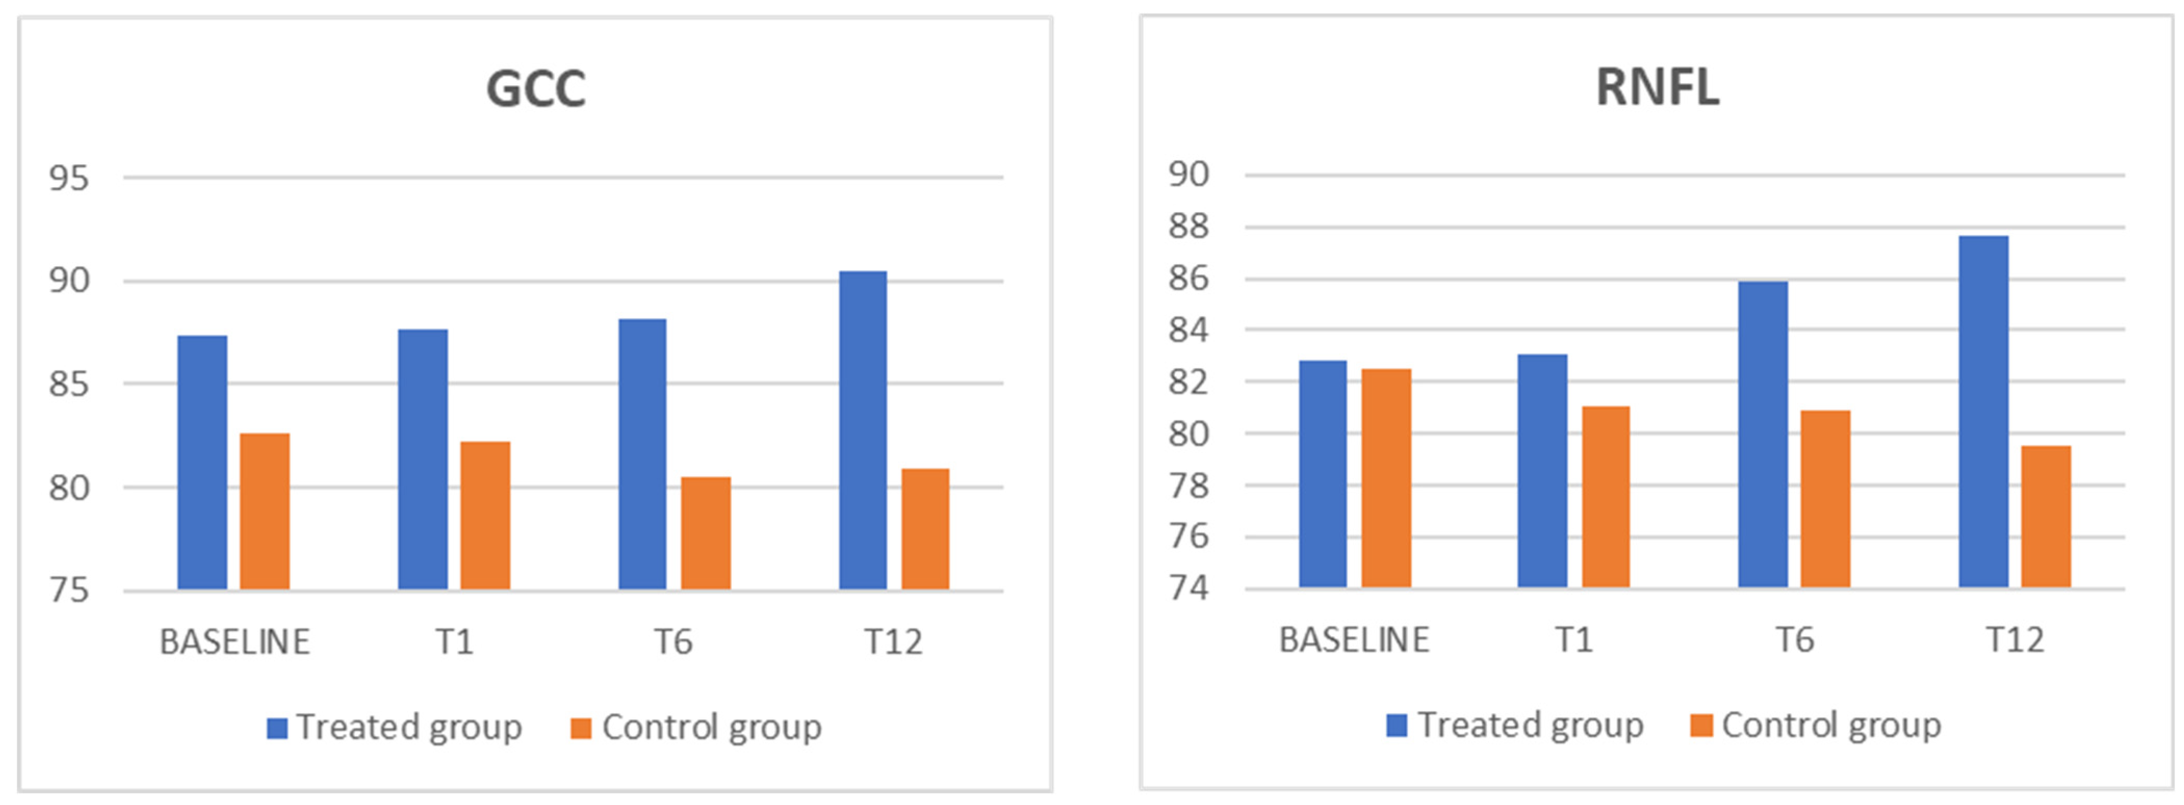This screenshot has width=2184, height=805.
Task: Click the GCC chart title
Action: [x=536, y=89]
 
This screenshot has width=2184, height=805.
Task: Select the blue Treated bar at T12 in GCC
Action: [x=863, y=430]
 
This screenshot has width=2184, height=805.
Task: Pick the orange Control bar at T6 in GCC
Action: [x=705, y=533]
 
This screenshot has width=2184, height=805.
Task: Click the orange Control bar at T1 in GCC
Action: [x=485, y=515]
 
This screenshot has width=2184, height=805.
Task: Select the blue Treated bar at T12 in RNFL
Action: [x=1983, y=412]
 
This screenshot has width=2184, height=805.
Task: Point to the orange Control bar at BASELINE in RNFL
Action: [x=1386, y=478]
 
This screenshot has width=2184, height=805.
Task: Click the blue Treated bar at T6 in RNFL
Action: [x=1763, y=434]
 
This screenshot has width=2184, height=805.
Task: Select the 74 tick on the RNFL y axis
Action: [x=1188, y=588]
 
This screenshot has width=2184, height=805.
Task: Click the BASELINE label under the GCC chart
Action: [x=235, y=642]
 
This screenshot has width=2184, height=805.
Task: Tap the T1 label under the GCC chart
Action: [x=455, y=642]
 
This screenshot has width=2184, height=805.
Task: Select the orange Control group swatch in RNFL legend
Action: [x=1701, y=725]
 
